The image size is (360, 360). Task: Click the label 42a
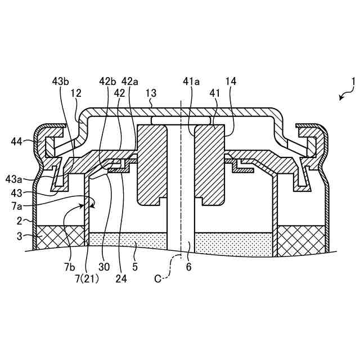[130, 82]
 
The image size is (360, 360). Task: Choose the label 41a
[192, 82]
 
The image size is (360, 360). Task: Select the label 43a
[14, 179]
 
